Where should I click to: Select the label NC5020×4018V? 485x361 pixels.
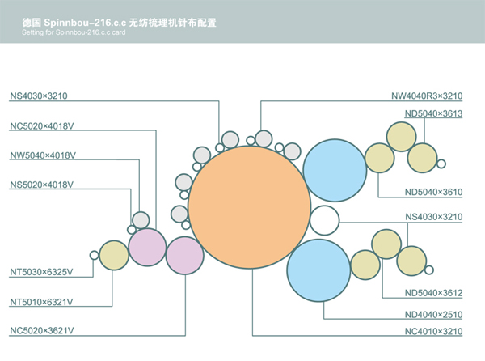tap(42, 125)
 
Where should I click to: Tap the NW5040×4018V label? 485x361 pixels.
tap(42, 155)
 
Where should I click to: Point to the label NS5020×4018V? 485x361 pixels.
tap(42, 185)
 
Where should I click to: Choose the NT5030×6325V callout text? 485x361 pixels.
tap(42, 271)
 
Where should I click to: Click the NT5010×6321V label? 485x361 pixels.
tap(42, 301)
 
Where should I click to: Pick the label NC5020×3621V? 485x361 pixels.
tap(42, 330)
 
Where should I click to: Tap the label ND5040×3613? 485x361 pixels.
tap(433, 113)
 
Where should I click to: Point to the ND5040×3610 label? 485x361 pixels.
tap(433, 192)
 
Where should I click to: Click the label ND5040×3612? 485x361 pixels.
tap(433, 292)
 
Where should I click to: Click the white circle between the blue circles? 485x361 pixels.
tap(324, 220)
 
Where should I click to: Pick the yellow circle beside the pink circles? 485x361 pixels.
tap(113, 256)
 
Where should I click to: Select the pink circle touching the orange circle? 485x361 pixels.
tap(185, 255)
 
